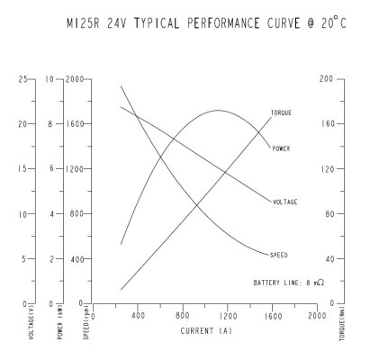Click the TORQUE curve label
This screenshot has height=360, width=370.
[x=281, y=113]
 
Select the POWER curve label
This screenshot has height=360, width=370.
[x=281, y=148]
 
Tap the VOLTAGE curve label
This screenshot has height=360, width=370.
[x=284, y=202]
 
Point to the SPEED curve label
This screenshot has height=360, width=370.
[x=279, y=256]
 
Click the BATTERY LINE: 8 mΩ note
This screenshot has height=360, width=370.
[x=289, y=283]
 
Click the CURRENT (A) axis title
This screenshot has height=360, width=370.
[x=206, y=331]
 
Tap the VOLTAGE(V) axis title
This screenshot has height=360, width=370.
[x=32, y=322]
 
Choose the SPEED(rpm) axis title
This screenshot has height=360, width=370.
[x=86, y=323]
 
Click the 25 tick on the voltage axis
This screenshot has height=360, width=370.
[x=23, y=79]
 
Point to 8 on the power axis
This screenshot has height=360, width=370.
[x=50, y=124]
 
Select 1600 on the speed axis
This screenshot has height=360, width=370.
[x=75, y=124]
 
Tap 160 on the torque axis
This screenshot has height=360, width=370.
[x=328, y=123]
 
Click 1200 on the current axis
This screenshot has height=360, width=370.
[x=228, y=316]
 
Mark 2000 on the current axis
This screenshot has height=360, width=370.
[x=317, y=316]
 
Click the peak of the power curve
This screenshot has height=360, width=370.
[x=217, y=110]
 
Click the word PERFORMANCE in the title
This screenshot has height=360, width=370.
[x=223, y=23]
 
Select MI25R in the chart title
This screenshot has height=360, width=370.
[x=83, y=23]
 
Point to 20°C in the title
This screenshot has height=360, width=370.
[x=333, y=22]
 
